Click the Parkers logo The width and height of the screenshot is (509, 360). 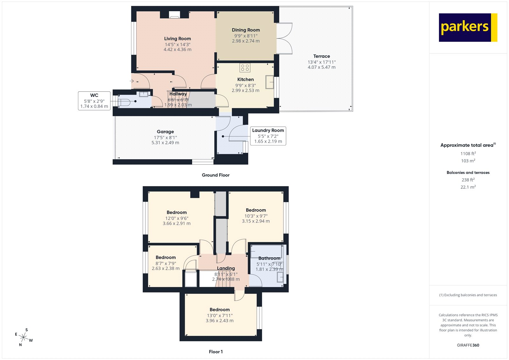(468, 27)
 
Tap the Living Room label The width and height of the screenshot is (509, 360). (178, 39)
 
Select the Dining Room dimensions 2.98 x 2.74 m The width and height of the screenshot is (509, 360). (246, 41)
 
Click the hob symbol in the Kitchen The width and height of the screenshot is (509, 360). (245, 67)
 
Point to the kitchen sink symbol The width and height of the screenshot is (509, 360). (270, 82)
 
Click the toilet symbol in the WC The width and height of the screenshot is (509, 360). (124, 102)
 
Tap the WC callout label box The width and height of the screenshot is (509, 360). (94, 101)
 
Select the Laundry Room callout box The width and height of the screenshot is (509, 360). (268, 136)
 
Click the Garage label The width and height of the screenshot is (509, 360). (165, 131)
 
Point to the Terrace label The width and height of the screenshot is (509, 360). (321, 56)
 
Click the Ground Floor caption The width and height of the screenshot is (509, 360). (215, 175)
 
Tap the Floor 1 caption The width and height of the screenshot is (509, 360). (216, 352)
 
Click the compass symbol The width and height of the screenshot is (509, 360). (24, 337)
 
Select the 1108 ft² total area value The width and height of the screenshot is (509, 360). (468, 153)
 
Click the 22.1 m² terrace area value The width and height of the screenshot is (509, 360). (468, 187)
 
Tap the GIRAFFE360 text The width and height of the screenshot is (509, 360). (468, 345)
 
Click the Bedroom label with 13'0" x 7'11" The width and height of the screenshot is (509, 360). (220, 309)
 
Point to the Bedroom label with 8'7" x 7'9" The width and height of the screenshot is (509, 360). (165, 257)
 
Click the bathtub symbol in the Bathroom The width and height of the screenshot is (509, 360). (266, 251)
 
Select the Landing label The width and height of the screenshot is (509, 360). (226, 268)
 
